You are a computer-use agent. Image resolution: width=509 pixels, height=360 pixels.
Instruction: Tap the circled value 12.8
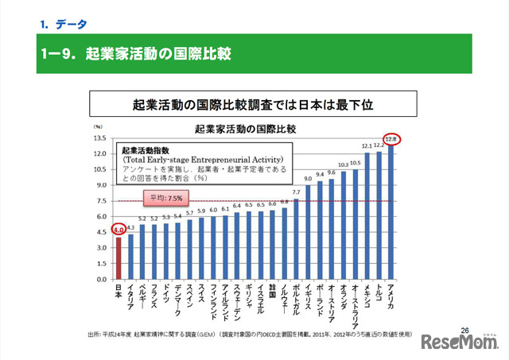(390, 140)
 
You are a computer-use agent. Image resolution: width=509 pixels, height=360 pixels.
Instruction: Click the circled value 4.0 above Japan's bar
(119, 231)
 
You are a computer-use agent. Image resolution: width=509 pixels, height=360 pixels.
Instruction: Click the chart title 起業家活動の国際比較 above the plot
(239, 128)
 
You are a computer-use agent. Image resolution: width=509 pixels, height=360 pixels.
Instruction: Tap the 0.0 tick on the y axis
(100, 280)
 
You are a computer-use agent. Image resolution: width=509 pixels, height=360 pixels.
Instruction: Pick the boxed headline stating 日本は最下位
(253, 104)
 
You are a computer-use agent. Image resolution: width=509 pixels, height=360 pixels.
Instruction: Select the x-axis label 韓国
(272, 290)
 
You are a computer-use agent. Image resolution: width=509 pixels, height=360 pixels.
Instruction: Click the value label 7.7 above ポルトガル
(296, 192)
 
